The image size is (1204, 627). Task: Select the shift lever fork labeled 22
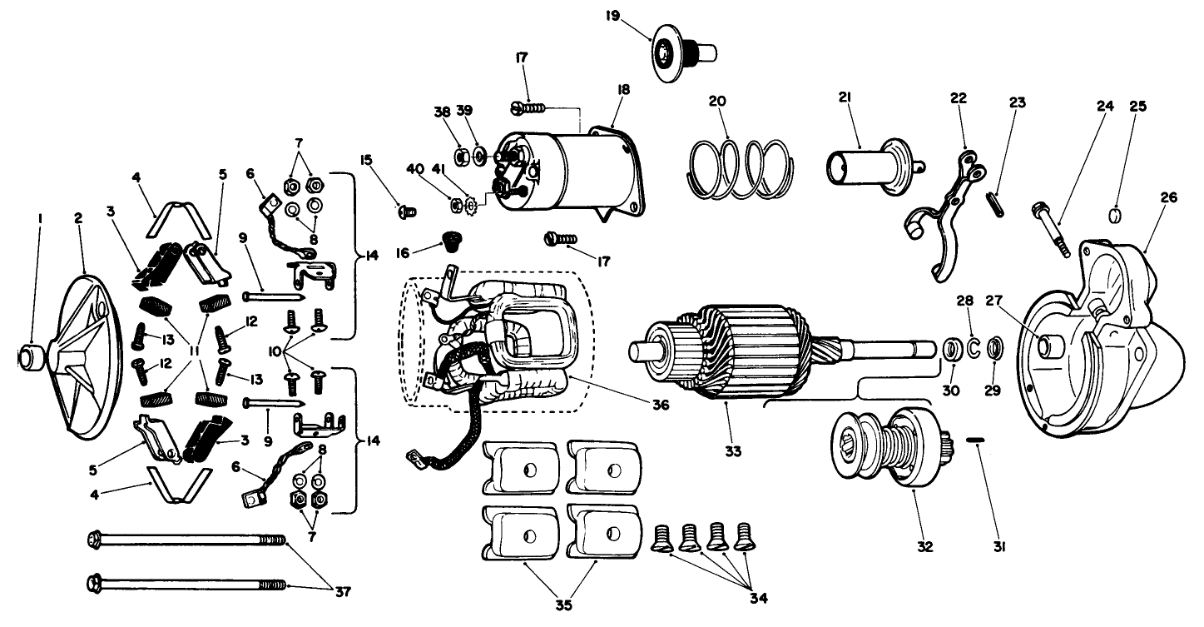tap(944, 213)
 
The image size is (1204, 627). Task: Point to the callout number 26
tap(1169, 197)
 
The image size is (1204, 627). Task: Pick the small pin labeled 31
tap(977, 439)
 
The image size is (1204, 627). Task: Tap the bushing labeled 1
tap(32, 359)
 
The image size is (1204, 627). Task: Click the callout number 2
tap(77, 218)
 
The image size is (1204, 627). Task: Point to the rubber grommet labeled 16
tap(453, 244)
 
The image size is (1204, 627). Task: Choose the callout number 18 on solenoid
tap(622, 89)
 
